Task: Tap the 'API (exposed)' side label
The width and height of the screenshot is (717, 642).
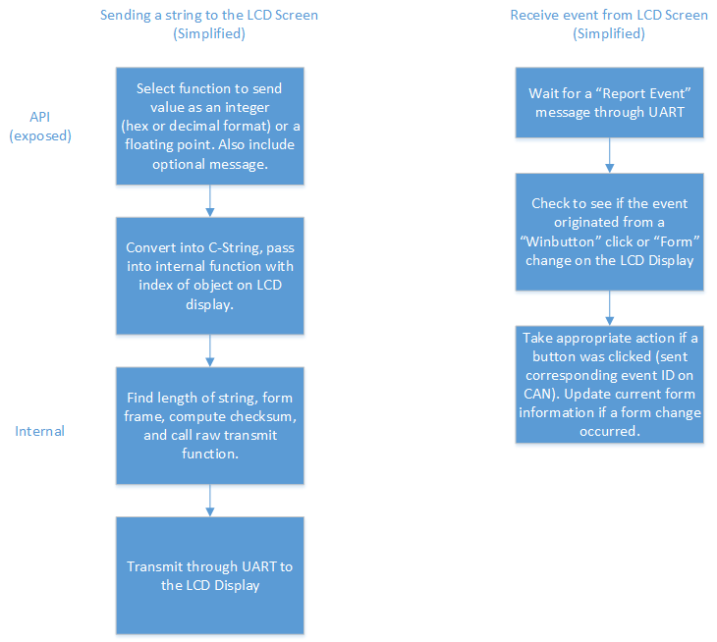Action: [40, 126]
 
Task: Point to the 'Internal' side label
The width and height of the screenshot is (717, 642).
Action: [40, 431]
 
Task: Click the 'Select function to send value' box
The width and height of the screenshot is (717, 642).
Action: [210, 126]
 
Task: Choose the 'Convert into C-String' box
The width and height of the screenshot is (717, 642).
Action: [210, 276]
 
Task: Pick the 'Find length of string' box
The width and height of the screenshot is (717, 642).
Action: [210, 426]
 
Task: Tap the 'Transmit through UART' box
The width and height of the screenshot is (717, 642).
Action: [210, 576]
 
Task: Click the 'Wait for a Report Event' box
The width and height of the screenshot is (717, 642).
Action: [610, 102]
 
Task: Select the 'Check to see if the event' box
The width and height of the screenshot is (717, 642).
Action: [610, 232]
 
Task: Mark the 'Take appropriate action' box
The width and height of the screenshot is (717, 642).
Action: [610, 384]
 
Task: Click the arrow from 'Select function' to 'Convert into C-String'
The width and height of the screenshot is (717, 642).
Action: [210, 201]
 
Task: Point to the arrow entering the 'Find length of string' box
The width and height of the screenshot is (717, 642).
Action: [210, 350]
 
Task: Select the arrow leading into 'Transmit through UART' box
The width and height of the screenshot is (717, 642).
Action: [210, 501]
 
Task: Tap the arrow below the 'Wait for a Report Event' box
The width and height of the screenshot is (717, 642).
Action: [610, 155]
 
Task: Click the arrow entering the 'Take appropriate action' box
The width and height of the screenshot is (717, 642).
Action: [610, 308]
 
